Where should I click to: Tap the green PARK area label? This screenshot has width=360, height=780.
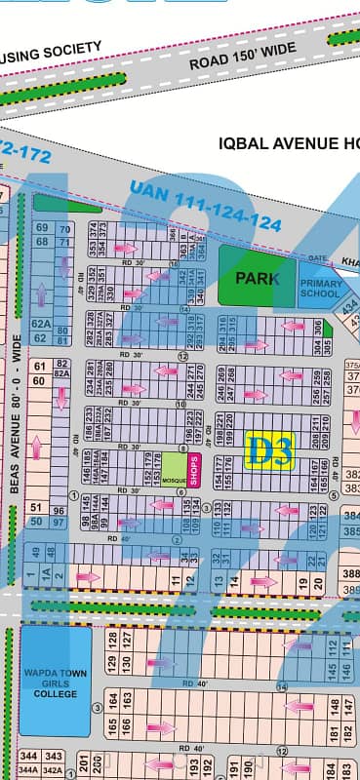click(x=256, y=277)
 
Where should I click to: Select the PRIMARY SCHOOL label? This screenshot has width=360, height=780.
click(x=319, y=287)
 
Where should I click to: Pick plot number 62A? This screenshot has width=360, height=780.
click(x=40, y=324)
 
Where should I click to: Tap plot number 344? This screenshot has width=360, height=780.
click(x=30, y=757)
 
